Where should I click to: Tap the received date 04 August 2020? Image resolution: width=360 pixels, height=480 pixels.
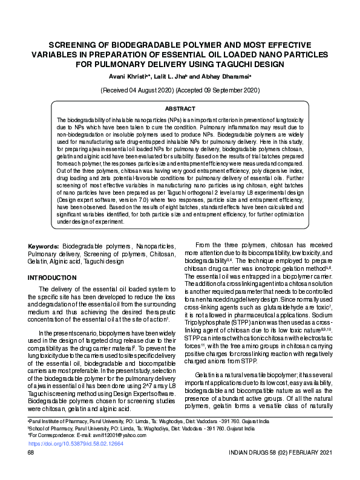[x=145, y=89]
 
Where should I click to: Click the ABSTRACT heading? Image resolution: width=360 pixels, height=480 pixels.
[x=180, y=109]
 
